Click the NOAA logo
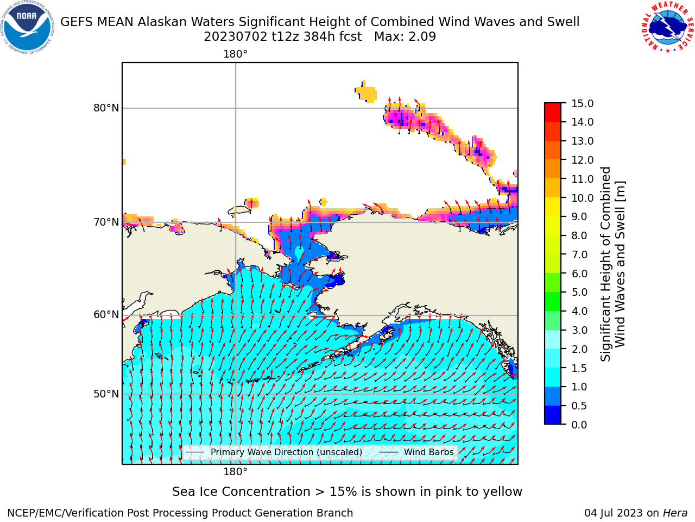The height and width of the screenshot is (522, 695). click(x=27, y=27)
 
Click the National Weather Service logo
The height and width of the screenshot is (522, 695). click(x=667, y=27)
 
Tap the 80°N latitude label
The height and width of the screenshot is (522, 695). click(x=106, y=108)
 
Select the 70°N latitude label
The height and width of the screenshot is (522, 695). click(x=106, y=222)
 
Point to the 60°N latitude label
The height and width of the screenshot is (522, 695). click(x=106, y=315)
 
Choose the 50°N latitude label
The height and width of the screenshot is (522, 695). click(x=106, y=394)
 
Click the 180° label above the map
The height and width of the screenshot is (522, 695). click(x=235, y=54)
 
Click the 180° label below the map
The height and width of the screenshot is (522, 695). click(x=235, y=472)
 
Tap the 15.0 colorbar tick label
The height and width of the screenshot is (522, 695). click(x=582, y=103)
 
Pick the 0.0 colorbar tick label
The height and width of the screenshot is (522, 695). click(x=579, y=425)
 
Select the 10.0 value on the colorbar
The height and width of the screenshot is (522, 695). click(x=582, y=198)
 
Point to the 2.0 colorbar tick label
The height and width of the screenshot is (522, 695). click(x=579, y=349)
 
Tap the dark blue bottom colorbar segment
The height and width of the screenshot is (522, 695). click(x=553, y=415)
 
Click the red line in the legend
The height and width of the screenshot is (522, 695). click(x=195, y=452)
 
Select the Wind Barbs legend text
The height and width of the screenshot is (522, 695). click(x=429, y=452)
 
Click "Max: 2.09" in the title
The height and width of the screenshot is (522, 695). click(x=405, y=37)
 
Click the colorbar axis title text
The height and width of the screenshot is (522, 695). click(x=612, y=264)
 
